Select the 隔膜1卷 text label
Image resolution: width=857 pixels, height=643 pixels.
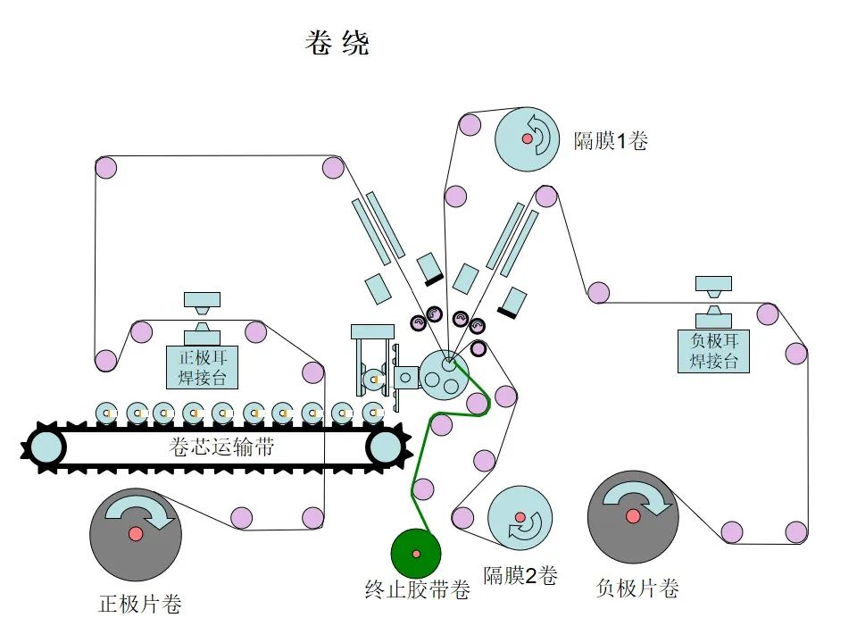pos(611,140)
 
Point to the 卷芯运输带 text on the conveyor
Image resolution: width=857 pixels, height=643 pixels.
pos(220,447)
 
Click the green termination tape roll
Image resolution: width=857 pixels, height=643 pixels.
pos(416,554)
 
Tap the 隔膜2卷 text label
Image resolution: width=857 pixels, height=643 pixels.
pos(520,576)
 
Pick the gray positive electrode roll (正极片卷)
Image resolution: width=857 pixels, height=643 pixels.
pos(136,533)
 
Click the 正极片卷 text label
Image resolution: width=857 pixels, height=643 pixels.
pos(140,605)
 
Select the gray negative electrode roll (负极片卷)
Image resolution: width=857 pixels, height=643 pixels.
pos(633,516)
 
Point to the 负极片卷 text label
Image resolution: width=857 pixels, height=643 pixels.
pos(637,589)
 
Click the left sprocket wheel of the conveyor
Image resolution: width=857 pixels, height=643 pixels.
pos(46,446)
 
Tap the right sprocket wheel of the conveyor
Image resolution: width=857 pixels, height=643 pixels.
pos(385,446)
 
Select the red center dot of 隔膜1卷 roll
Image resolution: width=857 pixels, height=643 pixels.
pos(528,139)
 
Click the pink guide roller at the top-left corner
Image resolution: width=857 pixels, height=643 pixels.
pos(106,167)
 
